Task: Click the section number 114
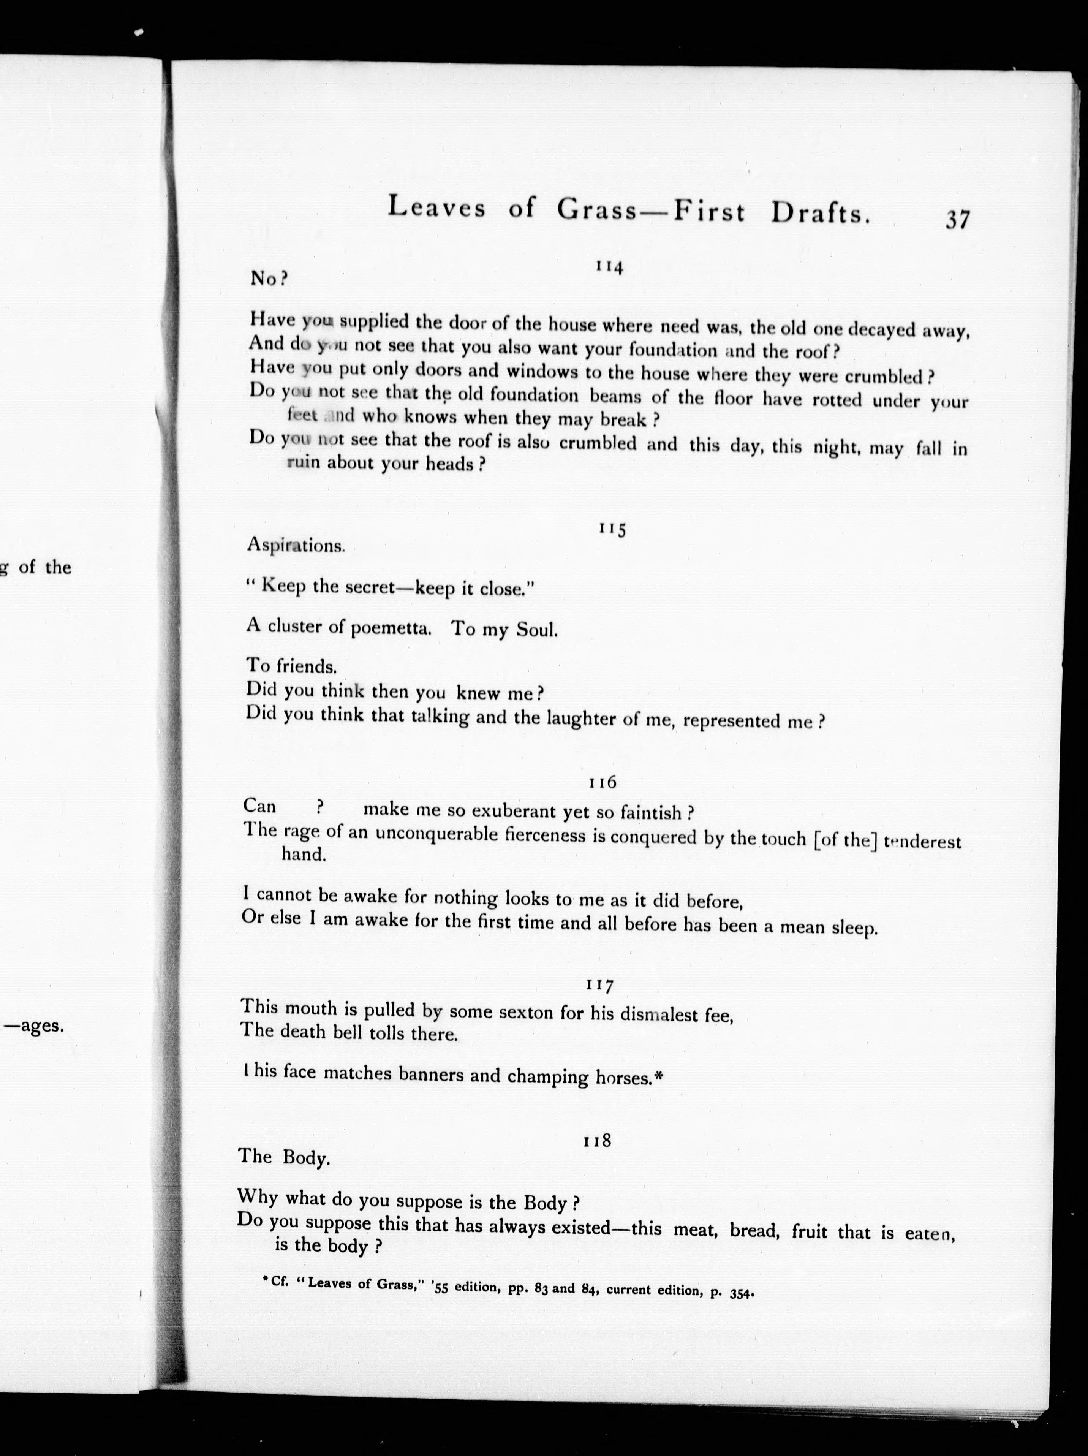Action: pyautogui.click(x=609, y=267)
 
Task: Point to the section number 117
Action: pyautogui.click(x=599, y=985)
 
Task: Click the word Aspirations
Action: pyautogui.click(x=296, y=545)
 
